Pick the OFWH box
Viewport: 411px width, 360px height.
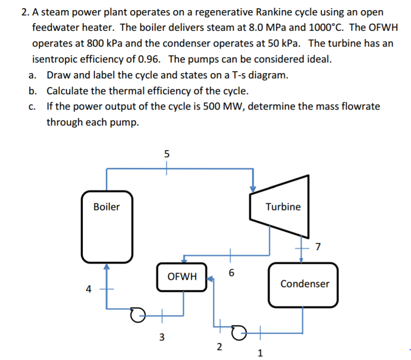pyautogui.click(x=182, y=276)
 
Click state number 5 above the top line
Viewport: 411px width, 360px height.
pyautogui.click(x=166, y=154)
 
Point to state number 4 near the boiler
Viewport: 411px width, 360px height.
pyautogui.click(x=88, y=289)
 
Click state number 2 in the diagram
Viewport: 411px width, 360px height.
pyautogui.click(x=219, y=347)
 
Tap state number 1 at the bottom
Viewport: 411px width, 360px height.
pyautogui.click(x=260, y=354)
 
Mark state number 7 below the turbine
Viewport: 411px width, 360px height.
pyautogui.click(x=317, y=247)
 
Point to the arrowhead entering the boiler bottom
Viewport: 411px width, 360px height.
pyautogui.click(x=106, y=265)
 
